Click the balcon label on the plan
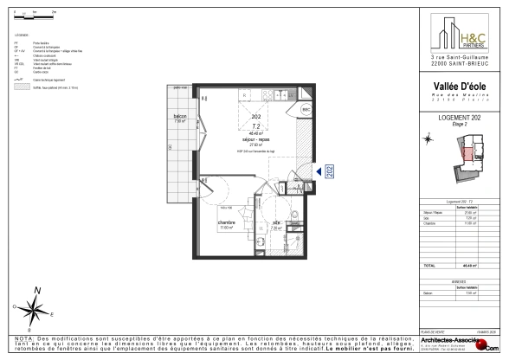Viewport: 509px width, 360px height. pyautogui.click(x=180, y=117)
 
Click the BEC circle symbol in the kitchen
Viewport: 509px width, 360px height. pyautogui.click(x=306, y=110)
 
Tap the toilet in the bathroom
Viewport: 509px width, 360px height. pyautogui.click(x=293, y=215)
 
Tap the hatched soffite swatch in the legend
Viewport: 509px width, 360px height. pyautogui.click(x=19, y=87)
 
